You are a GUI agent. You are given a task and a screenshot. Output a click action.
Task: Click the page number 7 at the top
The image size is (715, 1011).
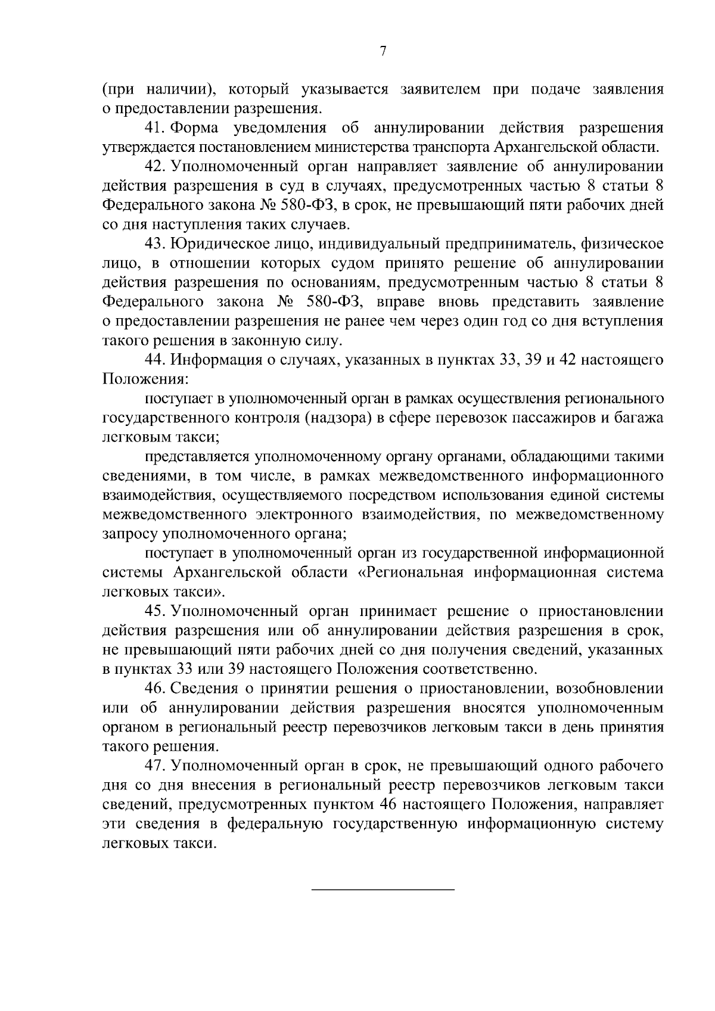[x=383, y=51]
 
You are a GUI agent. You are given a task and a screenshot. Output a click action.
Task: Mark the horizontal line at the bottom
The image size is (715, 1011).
[x=383, y=889]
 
